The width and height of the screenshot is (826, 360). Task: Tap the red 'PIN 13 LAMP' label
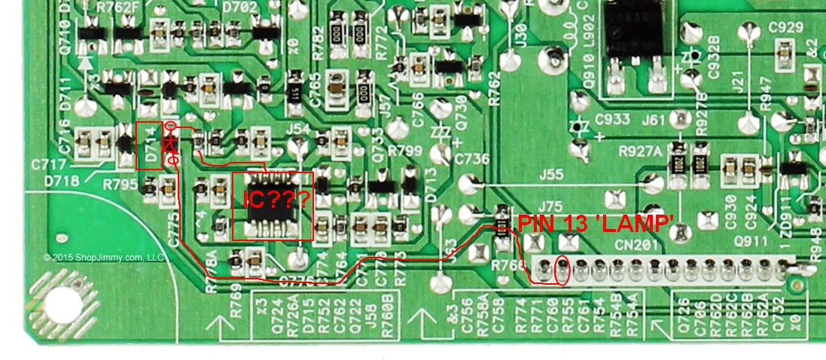[594, 223]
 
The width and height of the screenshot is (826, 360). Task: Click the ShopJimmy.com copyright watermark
[104, 258]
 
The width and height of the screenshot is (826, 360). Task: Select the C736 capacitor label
[472, 159]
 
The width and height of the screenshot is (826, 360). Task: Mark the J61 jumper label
[654, 119]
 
